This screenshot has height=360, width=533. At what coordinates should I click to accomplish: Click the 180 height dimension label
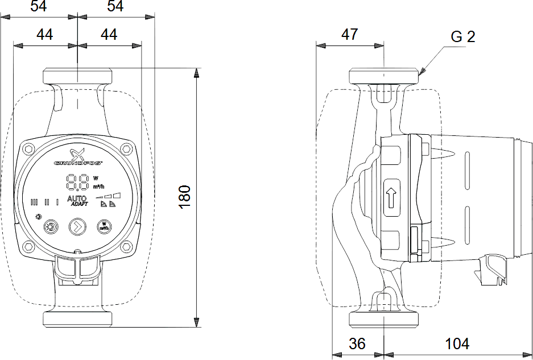[x=186, y=196]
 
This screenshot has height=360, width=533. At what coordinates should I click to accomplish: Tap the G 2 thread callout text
[x=462, y=37]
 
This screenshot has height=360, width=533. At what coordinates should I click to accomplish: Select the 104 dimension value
[x=457, y=344]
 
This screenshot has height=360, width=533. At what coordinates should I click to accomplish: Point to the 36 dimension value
[x=357, y=344]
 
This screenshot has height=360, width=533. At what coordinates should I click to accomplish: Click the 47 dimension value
[x=349, y=34]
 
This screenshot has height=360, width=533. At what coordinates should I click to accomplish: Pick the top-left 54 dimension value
[x=39, y=6]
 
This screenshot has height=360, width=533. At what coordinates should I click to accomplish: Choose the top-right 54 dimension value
[x=115, y=6]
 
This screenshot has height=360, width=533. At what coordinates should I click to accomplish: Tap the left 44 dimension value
[x=44, y=35]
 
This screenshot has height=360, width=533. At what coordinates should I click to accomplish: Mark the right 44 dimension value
[x=109, y=35]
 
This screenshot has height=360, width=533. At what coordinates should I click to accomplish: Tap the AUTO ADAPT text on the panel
[x=77, y=201]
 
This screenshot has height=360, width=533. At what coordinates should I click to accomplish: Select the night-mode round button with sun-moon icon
[x=51, y=226]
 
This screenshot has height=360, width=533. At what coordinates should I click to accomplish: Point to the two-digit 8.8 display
[x=77, y=182]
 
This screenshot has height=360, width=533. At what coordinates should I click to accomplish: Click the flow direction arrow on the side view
[x=391, y=200]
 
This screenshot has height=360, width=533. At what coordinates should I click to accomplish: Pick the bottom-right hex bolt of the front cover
[x=126, y=246]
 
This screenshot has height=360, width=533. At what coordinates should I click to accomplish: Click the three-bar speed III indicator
[x=34, y=201]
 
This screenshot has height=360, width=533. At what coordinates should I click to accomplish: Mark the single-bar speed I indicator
[x=57, y=201]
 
